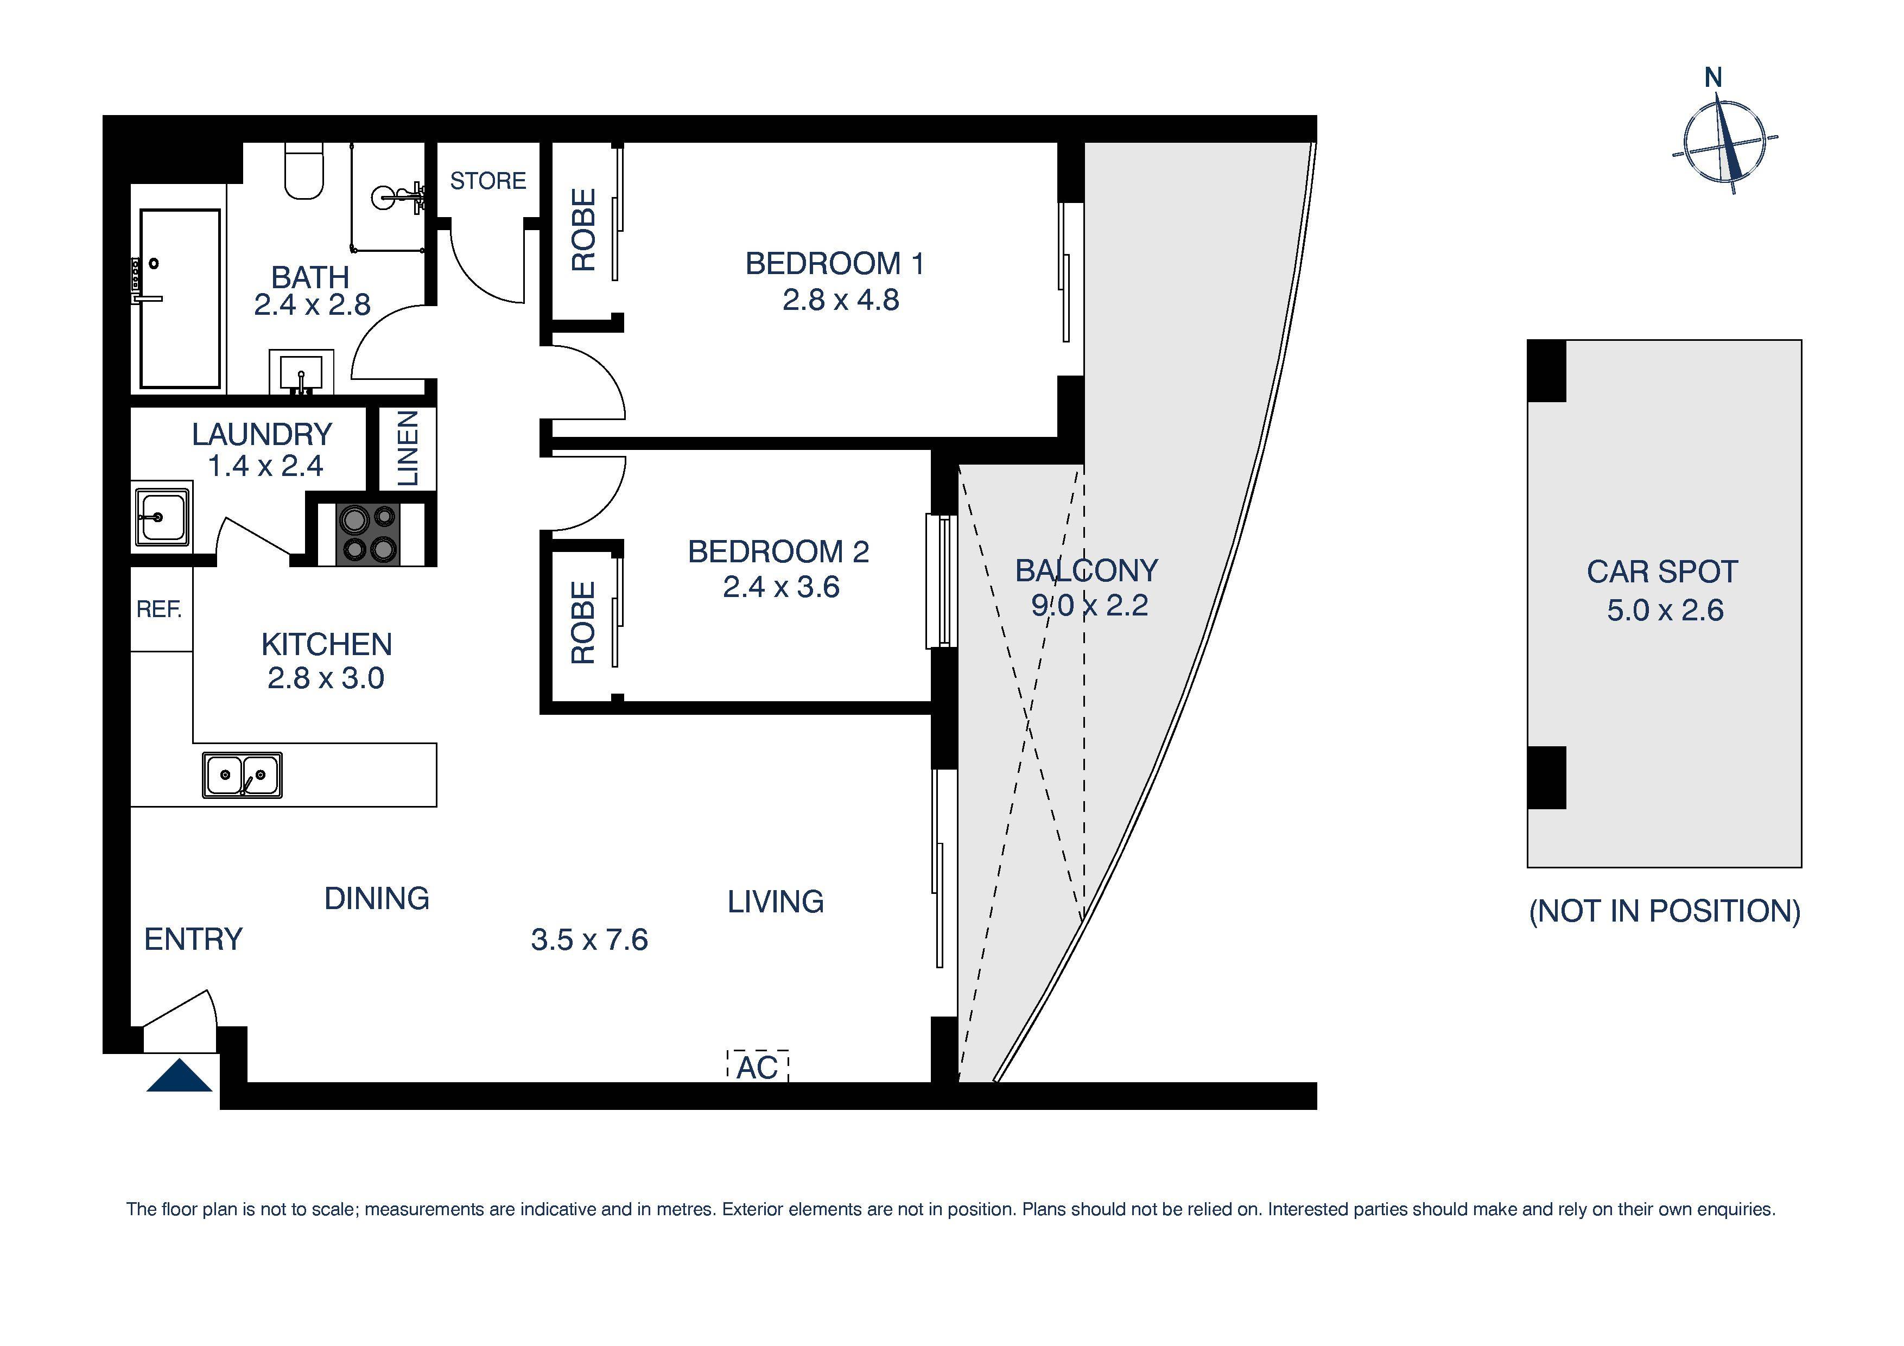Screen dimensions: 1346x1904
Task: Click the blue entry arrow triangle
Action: click(x=179, y=1077)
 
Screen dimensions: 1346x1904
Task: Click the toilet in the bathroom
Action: click(x=303, y=172)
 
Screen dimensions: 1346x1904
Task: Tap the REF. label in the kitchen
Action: click(x=159, y=609)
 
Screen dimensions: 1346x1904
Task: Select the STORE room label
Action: click(x=487, y=181)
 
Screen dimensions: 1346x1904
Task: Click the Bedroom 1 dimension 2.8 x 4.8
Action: click(x=840, y=300)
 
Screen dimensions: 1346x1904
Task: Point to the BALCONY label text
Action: click(x=1087, y=570)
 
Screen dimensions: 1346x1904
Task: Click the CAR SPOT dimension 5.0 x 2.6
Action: click(x=1664, y=611)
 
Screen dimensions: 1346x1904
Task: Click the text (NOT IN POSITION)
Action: click(x=1664, y=911)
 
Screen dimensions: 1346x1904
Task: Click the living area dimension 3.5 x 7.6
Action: click(x=589, y=939)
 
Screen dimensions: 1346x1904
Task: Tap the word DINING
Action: click(x=377, y=898)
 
